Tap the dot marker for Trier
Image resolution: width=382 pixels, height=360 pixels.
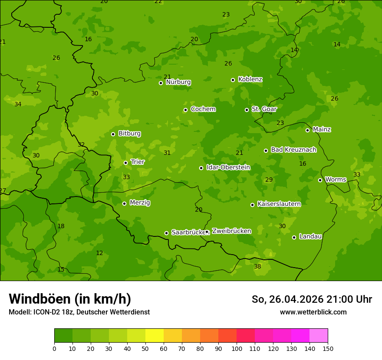pyautogui.click(x=126, y=163)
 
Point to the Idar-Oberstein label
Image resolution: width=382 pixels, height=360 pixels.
pyautogui.click(x=228, y=167)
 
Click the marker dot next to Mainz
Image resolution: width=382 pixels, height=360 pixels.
pyautogui.click(x=307, y=130)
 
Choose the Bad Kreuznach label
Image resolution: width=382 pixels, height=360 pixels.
pyautogui.click(x=293, y=150)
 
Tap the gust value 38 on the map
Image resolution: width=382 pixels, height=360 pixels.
pyautogui.click(x=257, y=266)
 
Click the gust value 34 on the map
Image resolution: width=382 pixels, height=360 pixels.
pyautogui.click(x=18, y=104)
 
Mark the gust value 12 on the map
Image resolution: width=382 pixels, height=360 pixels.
pyautogui.click(x=99, y=253)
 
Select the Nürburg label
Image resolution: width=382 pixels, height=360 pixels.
pyautogui.click(x=178, y=82)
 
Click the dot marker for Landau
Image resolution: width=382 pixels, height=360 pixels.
pyautogui.click(x=294, y=237)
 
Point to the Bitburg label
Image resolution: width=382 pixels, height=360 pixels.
pyautogui.click(x=129, y=134)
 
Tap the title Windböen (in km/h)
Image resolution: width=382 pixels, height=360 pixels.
pyautogui.click(x=70, y=299)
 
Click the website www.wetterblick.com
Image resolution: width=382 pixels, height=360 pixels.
pyautogui.click(x=313, y=312)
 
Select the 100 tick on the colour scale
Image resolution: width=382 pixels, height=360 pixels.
pyautogui.click(x=237, y=348)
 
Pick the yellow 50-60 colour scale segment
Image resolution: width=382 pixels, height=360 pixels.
pyautogui.click(x=155, y=336)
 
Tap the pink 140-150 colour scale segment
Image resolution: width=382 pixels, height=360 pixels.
pyautogui.click(x=319, y=336)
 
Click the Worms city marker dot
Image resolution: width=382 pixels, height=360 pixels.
pyautogui.click(x=320, y=180)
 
